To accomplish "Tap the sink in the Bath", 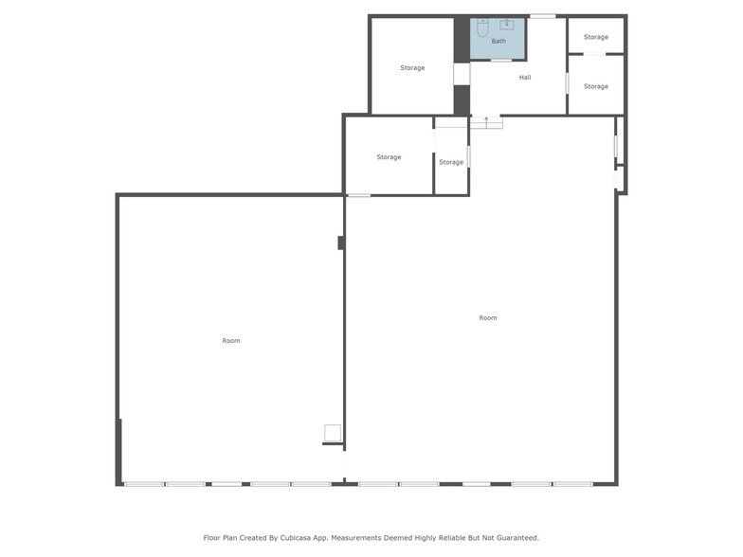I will point(507,25).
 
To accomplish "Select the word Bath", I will point(498,42).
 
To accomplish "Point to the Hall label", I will point(525,78).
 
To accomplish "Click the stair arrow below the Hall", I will point(486,121).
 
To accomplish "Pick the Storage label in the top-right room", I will point(596,37).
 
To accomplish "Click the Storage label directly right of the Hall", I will point(596,86).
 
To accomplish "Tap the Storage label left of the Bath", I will point(412,68).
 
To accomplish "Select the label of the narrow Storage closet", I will point(451,162).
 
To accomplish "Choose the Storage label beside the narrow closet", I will point(389,157).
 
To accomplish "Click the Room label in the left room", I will point(231,341).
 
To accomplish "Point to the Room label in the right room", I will point(488,318).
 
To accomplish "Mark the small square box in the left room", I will point(333,433).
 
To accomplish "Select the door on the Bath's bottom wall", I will point(501,60).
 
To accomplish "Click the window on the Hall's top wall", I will point(543,16).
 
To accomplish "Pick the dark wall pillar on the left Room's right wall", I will point(341,243).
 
